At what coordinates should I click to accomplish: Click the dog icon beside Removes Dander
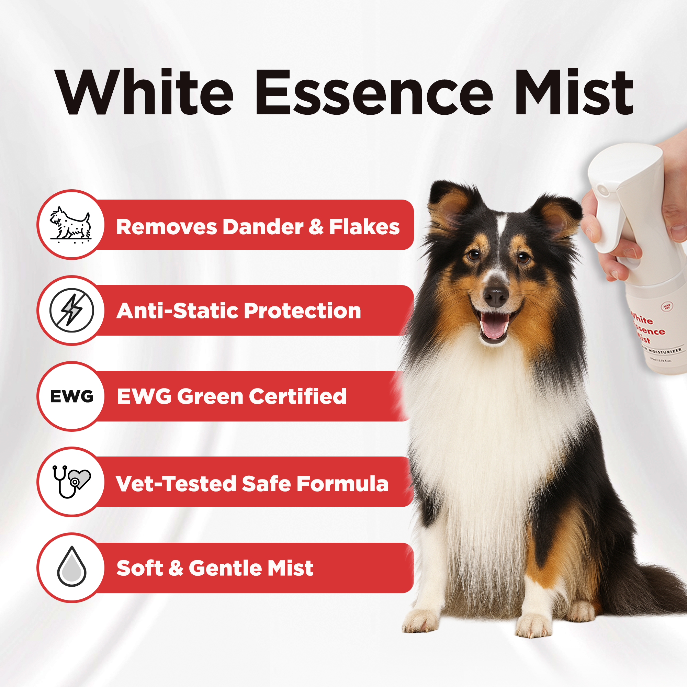point(71,224)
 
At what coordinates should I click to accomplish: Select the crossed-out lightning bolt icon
point(72,311)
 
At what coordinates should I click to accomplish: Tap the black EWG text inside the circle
point(72,396)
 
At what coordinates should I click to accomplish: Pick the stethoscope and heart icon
point(71,482)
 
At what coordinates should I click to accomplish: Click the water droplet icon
point(72,567)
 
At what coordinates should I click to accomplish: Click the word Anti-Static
point(178,311)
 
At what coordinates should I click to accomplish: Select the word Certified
point(297,396)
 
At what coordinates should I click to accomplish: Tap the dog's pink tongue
point(494,329)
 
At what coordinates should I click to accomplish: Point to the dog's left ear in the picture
point(450,206)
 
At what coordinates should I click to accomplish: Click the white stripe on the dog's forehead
point(502,228)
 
